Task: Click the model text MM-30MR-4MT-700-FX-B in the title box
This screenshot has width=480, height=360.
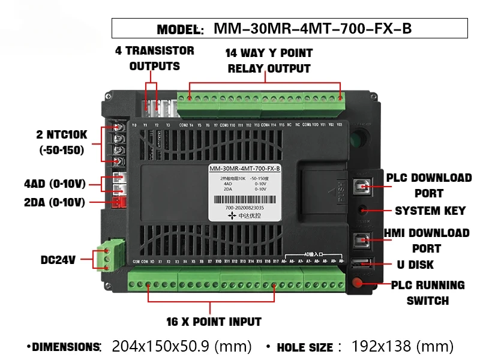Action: [x=313, y=29]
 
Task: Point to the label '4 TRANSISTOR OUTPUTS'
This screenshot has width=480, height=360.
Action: [x=155, y=58]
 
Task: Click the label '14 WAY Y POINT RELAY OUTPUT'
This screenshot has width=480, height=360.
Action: [x=269, y=61]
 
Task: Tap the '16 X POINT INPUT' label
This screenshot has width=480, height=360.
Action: [x=214, y=322]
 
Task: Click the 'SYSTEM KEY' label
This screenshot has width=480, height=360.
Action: [x=430, y=211]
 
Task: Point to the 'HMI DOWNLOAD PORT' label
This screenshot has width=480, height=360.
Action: [x=427, y=240]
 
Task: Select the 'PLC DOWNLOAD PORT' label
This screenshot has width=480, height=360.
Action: [x=428, y=185]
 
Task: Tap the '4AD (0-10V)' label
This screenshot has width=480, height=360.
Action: [x=55, y=184]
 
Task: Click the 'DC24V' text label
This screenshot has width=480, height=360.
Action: [x=58, y=260]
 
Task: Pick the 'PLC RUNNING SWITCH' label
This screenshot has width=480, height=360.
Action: [x=428, y=292]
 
